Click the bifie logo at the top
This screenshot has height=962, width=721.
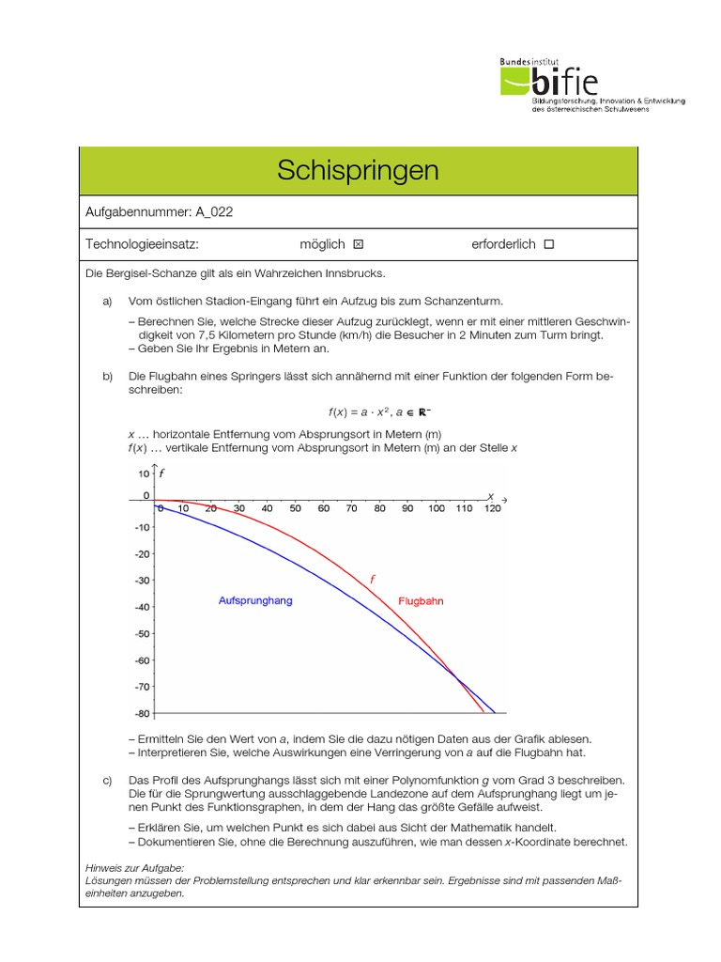point(591,85)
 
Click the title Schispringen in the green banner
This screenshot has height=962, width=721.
point(358,170)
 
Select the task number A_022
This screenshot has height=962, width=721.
point(210,211)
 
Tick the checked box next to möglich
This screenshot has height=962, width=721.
point(358,244)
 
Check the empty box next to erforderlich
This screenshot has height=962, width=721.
point(549,244)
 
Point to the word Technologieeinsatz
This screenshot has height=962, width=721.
point(142,244)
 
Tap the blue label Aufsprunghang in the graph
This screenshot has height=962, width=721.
point(254,600)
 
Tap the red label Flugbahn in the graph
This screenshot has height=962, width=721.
point(422,600)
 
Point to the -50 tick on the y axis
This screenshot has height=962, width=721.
point(142,634)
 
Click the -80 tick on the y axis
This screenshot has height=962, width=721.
point(142,714)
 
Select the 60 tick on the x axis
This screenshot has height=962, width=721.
point(323,508)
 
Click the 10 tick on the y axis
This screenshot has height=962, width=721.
point(144,473)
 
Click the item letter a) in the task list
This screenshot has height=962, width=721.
point(107,301)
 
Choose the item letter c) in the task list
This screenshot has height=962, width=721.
point(107,781)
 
